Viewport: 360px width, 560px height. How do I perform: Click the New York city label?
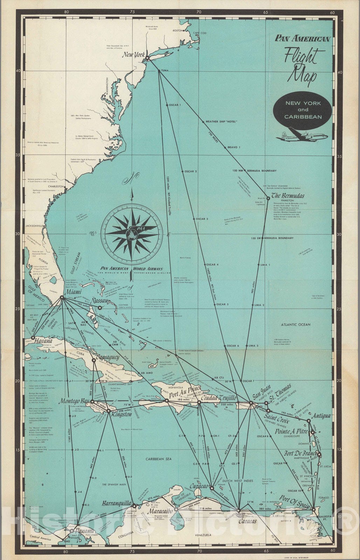point(133,55)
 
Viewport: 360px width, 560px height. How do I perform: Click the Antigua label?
point(320,416)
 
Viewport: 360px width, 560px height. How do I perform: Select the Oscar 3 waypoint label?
point(202,219)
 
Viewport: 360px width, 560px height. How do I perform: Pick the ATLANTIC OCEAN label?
point(295,324)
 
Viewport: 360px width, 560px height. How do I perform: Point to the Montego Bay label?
point(74,401)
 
